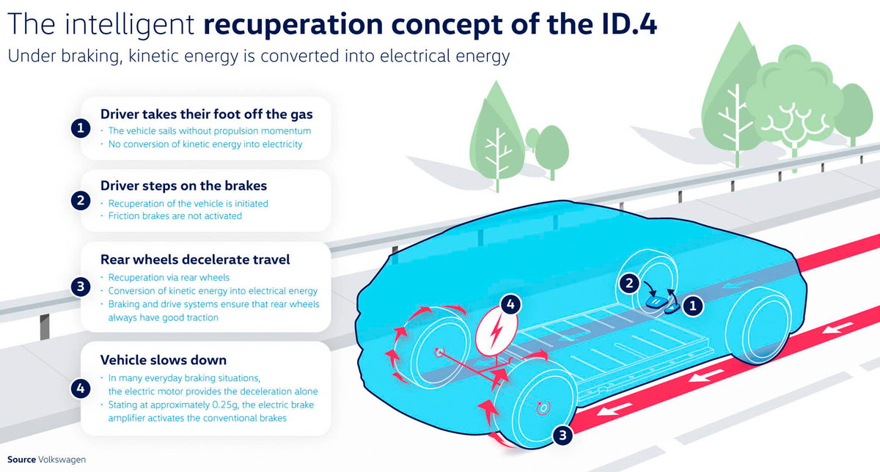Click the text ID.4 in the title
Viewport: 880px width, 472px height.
click(x=628, y=24)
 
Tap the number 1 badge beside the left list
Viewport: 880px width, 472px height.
click(x=81, y=128)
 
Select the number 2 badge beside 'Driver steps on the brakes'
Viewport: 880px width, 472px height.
click(x=81, y=201)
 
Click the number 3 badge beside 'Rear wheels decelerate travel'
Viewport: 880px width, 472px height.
click(x=81, y=287)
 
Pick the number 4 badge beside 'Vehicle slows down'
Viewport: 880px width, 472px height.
click(x=81, y=388)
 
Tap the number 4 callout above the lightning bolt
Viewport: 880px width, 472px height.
click(x=510, y=304)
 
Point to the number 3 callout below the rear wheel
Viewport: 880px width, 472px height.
click(x=562, y=435)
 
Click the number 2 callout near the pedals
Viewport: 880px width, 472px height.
click(x=629, y=283)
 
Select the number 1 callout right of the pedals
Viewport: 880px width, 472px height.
click(x=693, y=306)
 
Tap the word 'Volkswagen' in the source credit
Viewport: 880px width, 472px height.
click(x=62, y=460)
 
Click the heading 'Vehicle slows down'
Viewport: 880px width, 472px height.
click(x=164, y=360)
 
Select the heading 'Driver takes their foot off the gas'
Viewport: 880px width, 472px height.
click(x=207, y=114)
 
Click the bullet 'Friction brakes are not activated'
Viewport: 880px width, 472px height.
click(x=175, y=216)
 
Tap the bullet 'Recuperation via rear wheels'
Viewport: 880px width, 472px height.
click(x=169, y=278)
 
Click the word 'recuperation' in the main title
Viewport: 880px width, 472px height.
click(x=293, y=25)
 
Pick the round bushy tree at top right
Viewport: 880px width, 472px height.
click(x=793, y=98)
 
